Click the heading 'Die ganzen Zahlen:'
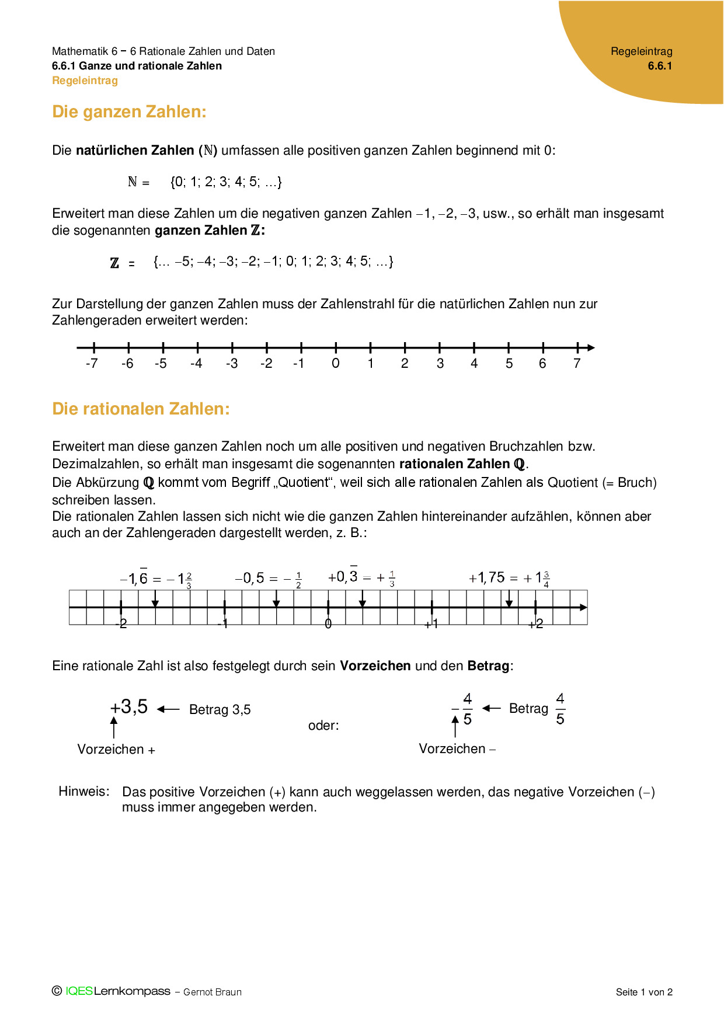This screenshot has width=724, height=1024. click(x=129, y=112)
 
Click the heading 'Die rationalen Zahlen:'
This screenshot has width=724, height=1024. click(x=141, y=409)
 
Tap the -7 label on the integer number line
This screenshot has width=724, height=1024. click(x=92, y=364)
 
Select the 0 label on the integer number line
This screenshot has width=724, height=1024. click(x=335, y=364)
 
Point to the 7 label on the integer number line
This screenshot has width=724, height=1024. click(x=577, y=364)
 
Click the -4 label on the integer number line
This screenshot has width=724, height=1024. click(x=196, y=364)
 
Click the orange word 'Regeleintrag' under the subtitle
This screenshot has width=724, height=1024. click(x=85, y=81)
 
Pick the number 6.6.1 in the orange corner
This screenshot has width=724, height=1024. click(x=660, y=66)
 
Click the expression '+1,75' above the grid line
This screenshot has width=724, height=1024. click(x=487, y=578)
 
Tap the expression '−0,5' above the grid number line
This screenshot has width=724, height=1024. click(x=249, y=578)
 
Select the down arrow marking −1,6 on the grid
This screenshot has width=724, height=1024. click(x=155, y=601)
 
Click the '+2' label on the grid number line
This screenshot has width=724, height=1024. click(x=535, y=624)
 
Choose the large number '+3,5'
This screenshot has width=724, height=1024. click(x=129, y=707)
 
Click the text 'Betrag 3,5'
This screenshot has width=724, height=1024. click(x=220, y=710)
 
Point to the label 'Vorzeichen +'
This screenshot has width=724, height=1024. click(x=116, y=750)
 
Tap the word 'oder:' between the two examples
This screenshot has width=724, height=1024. click(x=323, y=726)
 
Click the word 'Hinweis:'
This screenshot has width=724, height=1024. click(x=84, y=792)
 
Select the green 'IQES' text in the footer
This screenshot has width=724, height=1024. click(x=79, y=991)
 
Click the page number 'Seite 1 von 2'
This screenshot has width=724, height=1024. click(x=644, y=992)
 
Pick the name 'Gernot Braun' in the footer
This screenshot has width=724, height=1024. click(x=213, y=992)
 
